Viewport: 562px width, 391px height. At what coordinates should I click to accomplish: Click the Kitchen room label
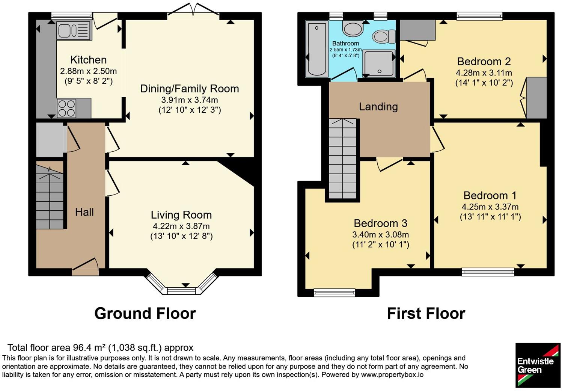[x=89, y=60]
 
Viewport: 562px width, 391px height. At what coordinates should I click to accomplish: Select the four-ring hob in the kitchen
[x=66, y=109]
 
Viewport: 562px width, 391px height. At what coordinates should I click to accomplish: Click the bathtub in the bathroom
[x=316, y=49]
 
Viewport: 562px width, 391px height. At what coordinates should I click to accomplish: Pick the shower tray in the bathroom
[x=379, y=63]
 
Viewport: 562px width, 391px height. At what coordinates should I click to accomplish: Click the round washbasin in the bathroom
[x=353, y=29]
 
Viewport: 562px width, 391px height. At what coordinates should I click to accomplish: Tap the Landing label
[x=378, y=107]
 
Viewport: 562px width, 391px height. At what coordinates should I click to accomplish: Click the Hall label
[x=84, y=212]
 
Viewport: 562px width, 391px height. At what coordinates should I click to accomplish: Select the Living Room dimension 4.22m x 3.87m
[x=181, y=226]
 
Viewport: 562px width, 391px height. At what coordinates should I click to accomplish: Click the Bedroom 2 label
[x=484, y=62]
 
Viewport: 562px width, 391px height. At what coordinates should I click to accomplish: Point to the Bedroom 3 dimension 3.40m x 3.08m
[x=381, y=235]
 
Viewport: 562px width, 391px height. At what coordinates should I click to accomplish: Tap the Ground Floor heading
[x=145, y=314]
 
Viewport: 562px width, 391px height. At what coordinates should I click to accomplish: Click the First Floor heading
[x=426, y=314]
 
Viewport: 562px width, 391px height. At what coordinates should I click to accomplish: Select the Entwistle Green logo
[x=538, y=365]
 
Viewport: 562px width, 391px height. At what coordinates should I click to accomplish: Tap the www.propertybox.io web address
[x=392, y=375]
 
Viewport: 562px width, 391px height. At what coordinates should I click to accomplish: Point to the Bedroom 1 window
[x=488, y=272]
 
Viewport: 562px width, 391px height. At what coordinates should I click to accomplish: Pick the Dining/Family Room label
[x=190, y=89]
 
